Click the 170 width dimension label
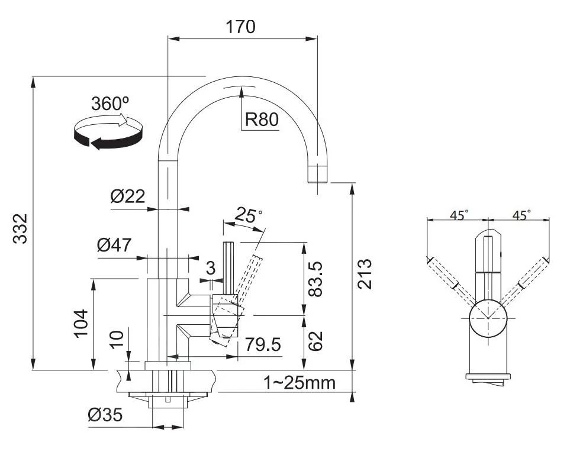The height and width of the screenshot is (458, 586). [240, 27]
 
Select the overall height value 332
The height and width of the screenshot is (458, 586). [21, 228]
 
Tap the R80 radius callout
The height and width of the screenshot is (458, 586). [261, 120]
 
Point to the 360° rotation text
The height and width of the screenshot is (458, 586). [110, 104]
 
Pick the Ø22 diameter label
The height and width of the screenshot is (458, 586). [127, 196]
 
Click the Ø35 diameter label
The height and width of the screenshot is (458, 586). [105, 415]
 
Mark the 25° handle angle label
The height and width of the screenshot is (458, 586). [248, 215]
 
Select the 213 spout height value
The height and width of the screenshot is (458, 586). [365, 273]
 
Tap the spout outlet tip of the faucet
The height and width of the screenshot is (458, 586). [318, 176]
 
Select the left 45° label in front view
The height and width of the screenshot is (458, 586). [458, 215]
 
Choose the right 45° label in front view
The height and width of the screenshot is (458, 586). [521, 215]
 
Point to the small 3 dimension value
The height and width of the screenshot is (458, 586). [211, 268]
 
